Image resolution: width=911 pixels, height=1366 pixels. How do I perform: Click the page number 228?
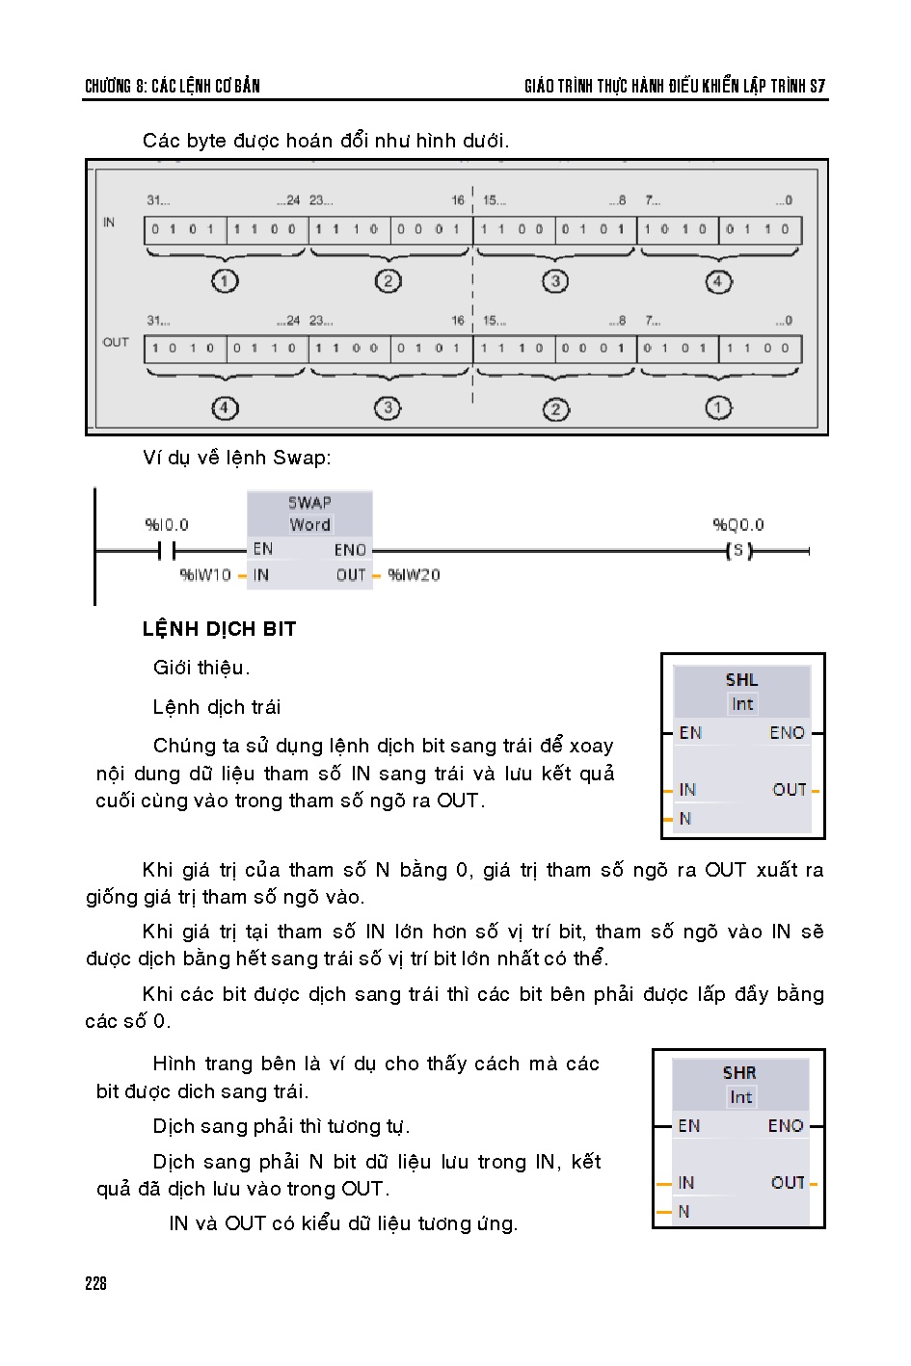pyautogui.click(x=95, y=1284)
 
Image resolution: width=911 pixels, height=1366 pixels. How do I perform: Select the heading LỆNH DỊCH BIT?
pyautogui.click(x=219, y=629)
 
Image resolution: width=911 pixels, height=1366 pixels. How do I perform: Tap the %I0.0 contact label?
pyautogui.click(x=167, y=524)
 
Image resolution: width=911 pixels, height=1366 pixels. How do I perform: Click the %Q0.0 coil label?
pyautogui.click(x=738, y=524)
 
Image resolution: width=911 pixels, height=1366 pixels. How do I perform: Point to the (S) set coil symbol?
pyautogui.click(x=739, y=551)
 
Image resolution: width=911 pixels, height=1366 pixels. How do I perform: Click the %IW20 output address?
pyautogui.click(x=414, y=575)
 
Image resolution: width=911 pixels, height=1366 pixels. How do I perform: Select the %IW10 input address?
pyautogui.click(x=205, y=575)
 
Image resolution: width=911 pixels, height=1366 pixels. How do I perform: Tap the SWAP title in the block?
pyautogui.click(x=310, y=503)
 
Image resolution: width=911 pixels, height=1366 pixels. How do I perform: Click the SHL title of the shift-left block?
pyautogui.click(x=741, y=680)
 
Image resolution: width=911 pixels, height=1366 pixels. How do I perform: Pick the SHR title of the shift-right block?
pyautogui.click(x=739, y=1073)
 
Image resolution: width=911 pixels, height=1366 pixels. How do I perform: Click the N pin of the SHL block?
pyautogui.click(x=685, y=819)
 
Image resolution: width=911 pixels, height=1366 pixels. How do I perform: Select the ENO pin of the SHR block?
pyautogui.click(x=786, y=1126)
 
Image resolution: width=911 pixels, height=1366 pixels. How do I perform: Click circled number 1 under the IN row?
pyautogui.click(x=225, y=281)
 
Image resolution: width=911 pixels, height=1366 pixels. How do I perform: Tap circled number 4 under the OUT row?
pyautogui.click(x=225, y=408)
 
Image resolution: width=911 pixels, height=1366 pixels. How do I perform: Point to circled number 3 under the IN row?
pyautogui.click(x=554, y=281)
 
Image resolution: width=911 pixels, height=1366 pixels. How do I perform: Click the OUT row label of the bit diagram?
pyautogui.click(x=116, y=342)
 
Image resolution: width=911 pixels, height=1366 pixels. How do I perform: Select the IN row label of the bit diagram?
pyautogui.click(x=109, y=222)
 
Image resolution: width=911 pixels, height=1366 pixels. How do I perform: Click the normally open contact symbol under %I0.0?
pyautogui.click(x=167, y=551)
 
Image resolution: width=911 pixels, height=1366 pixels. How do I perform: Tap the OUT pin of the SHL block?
pyautogui.click(x=790, y=790)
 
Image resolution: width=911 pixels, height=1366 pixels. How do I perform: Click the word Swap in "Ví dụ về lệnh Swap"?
pyautogui.click(x=302, y=458)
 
